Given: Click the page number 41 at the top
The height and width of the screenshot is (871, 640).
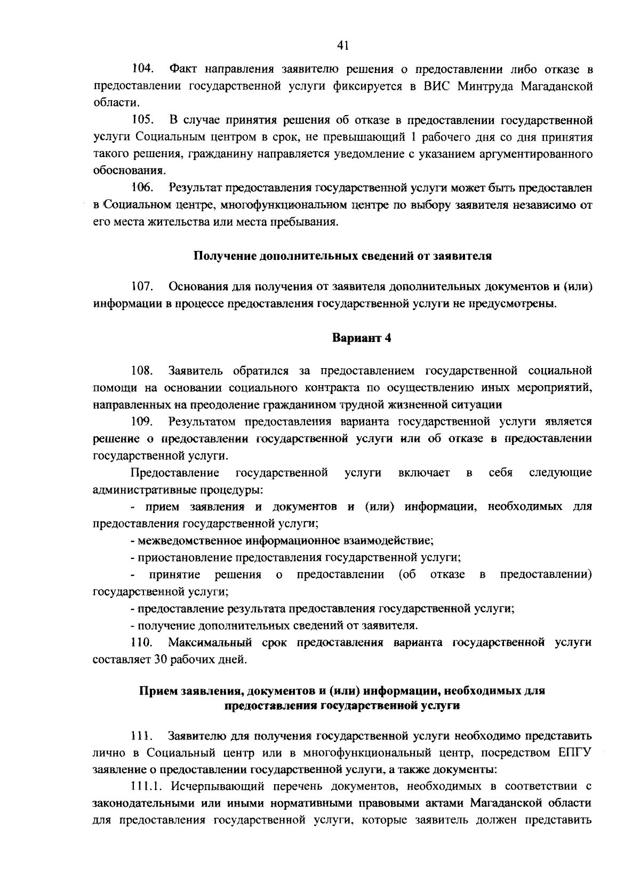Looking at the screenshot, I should (343, 46).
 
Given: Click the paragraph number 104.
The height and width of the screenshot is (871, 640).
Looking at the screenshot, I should (142, 69).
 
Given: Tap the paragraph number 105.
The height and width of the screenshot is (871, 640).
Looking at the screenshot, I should (142, 120).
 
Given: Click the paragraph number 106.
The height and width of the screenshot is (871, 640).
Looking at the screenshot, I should (142, 188).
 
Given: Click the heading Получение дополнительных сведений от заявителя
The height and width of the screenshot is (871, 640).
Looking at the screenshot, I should (342, 256).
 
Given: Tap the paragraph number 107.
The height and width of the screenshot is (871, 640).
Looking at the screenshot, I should (142, 288).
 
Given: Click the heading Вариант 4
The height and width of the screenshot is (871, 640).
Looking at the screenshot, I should (362, 338).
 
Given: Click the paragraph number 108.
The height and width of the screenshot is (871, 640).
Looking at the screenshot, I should (142, 370).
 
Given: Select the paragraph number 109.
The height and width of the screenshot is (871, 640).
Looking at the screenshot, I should (142, 422).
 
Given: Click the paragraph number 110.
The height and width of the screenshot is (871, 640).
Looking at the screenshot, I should (142, 642).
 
